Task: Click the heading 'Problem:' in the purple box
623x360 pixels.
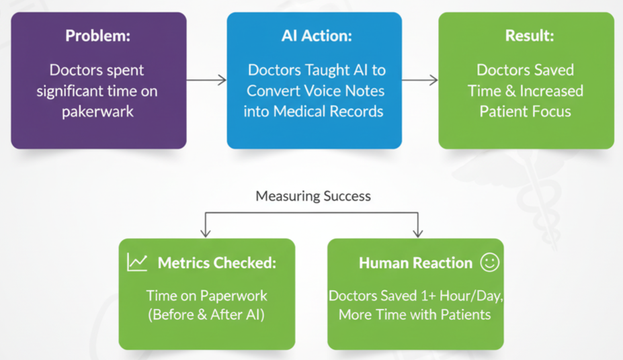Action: pos(98,36)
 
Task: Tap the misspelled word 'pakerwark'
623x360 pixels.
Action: pos(98,111)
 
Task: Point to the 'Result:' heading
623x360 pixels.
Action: pos(526,36)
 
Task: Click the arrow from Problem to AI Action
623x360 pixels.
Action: pos(206,81)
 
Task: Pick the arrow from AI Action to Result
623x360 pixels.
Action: pos(420,81)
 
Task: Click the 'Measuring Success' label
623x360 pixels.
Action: pos(313,196)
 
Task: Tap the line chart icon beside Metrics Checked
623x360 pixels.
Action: pos(137,262)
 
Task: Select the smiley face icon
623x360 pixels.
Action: pos(490,262)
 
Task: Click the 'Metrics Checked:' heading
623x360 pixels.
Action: pos(216,263)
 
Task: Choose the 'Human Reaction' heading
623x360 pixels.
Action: pos(415,263)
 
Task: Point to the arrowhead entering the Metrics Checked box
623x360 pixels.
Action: pos(206,232)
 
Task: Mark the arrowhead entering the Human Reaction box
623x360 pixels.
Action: pos(417,232)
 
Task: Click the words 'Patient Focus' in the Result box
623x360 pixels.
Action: pos(526,111)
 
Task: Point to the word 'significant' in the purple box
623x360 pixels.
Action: pos(73,91)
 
